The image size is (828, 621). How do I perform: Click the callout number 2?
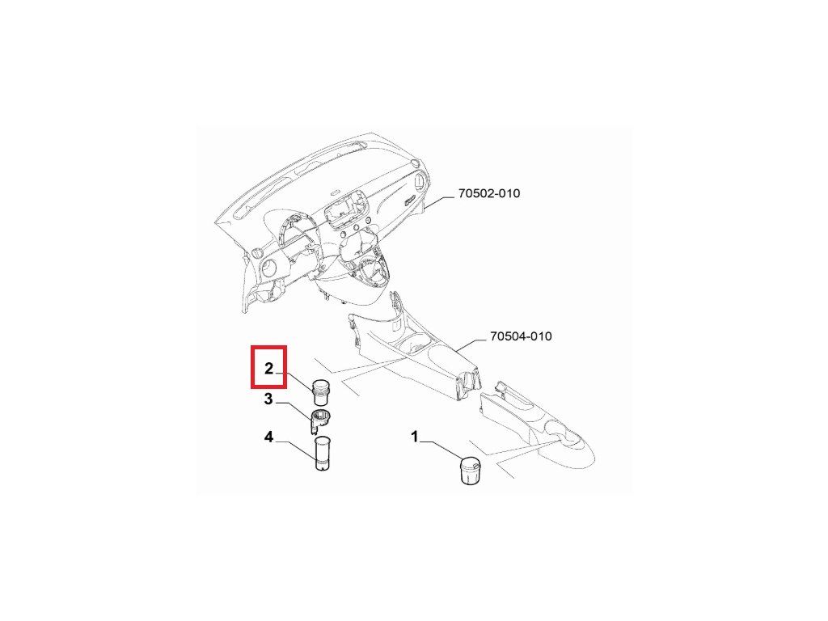(x=268, y=370)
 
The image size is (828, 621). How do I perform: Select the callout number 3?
(x=268, y=399)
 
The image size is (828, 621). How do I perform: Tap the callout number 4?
(x=268, y=437)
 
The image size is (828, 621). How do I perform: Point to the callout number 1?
(x=416, y=437)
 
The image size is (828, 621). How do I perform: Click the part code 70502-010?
(x=488, y=194)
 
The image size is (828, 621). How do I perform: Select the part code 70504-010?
(x=521, y=336)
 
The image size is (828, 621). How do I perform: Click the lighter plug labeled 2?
(x=323, y=392)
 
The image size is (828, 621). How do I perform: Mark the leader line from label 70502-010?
(x=441, y=200)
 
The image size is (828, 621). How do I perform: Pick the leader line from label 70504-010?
(x=473, y=342)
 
